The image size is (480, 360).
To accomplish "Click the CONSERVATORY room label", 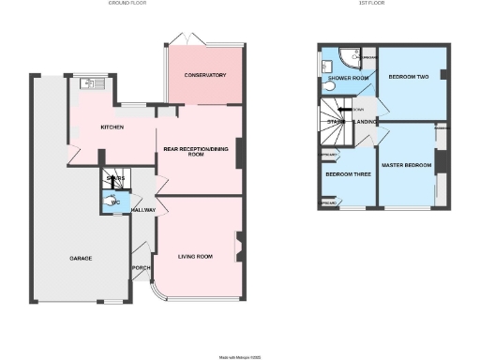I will point(205,75).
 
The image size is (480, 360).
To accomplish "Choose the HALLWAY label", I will point(143,210).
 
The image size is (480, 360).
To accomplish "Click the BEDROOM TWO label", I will point(409,76).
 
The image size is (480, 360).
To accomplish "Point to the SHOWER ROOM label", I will point(348,78).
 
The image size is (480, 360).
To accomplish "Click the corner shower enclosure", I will point(352,57).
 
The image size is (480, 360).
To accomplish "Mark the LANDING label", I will point(365,121).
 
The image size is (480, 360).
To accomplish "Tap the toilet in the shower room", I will point(327,85).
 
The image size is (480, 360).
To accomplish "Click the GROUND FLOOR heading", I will point(129,5).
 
